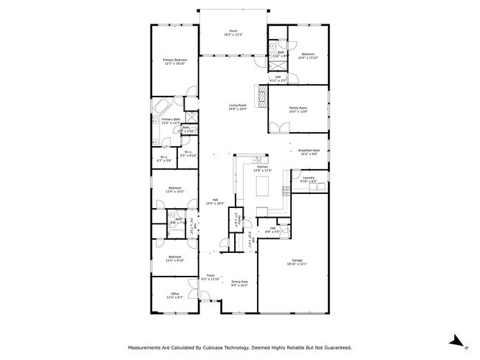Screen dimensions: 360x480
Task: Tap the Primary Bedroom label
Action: click(175, 61)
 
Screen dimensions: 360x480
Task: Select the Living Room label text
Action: click(237, 107)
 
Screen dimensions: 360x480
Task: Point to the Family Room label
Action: click(298, 110)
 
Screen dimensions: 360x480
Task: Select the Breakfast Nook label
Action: click(309, 152)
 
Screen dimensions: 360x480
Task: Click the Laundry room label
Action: click(309, 179)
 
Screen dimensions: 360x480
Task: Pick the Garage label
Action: click(298, 262)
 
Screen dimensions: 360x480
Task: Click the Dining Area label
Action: click(239, 283)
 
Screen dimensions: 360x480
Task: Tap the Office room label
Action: click(175, 295)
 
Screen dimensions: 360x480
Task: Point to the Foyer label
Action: click(210, 276)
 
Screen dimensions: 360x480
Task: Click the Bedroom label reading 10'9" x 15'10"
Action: click(307, 55)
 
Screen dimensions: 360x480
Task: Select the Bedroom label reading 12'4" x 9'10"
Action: click(175, 258)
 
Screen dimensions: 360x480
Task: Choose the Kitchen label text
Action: click(264, 169)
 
